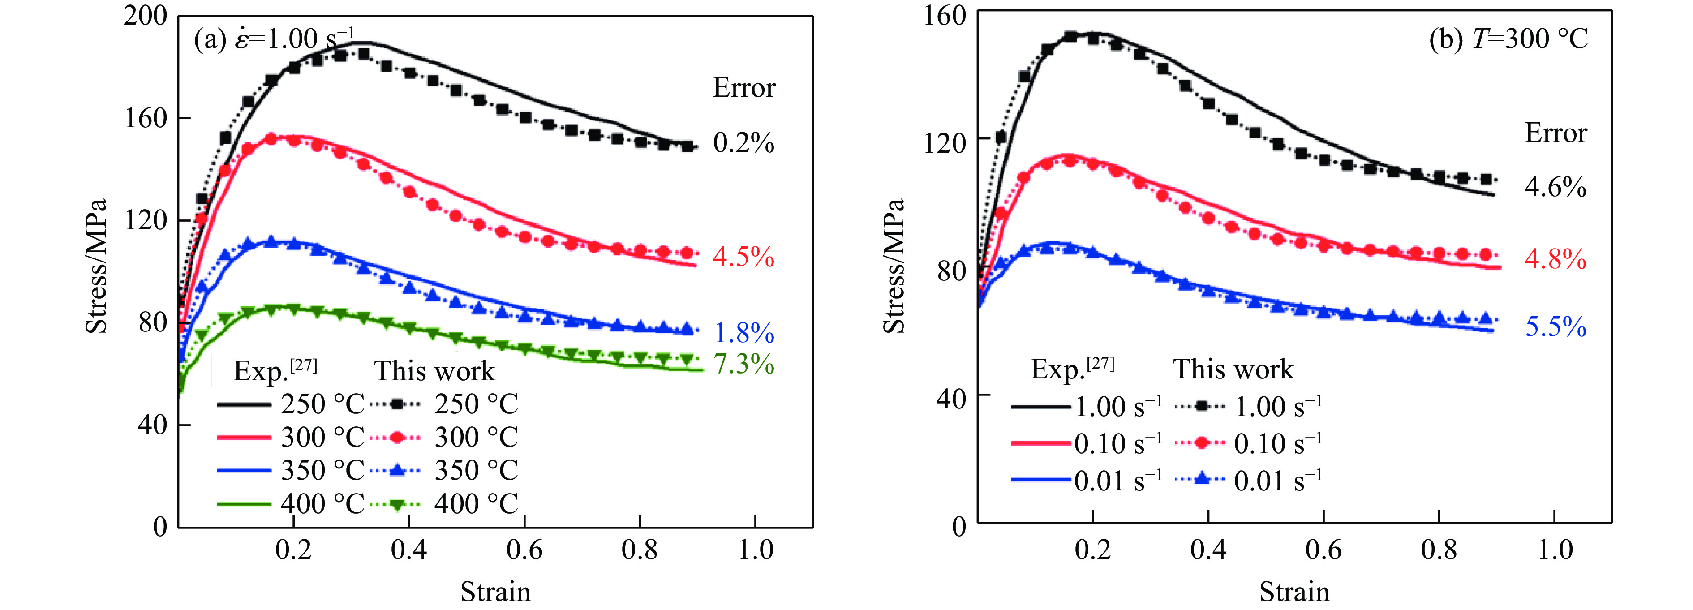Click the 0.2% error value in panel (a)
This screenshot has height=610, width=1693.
pos(743,142)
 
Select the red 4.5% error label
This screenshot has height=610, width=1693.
pos(743,257)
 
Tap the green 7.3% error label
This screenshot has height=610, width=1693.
pos(743,364)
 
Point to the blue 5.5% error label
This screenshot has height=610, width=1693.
pos(1555,326)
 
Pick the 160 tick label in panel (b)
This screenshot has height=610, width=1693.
pos(945,16)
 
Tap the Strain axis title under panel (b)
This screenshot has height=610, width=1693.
pos(1293,592)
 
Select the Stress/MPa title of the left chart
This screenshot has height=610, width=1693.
pos(96,266)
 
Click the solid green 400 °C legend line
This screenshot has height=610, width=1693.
pos(243,504)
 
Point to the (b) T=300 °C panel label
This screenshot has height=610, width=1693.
pos(1508,39)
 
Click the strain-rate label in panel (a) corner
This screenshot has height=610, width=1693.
pos(274,39)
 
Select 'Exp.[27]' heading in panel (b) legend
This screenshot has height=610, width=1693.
pos(1072,369)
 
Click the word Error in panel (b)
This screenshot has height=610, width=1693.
pos(1555,133)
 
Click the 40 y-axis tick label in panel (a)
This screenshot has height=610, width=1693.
pos(152,425)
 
